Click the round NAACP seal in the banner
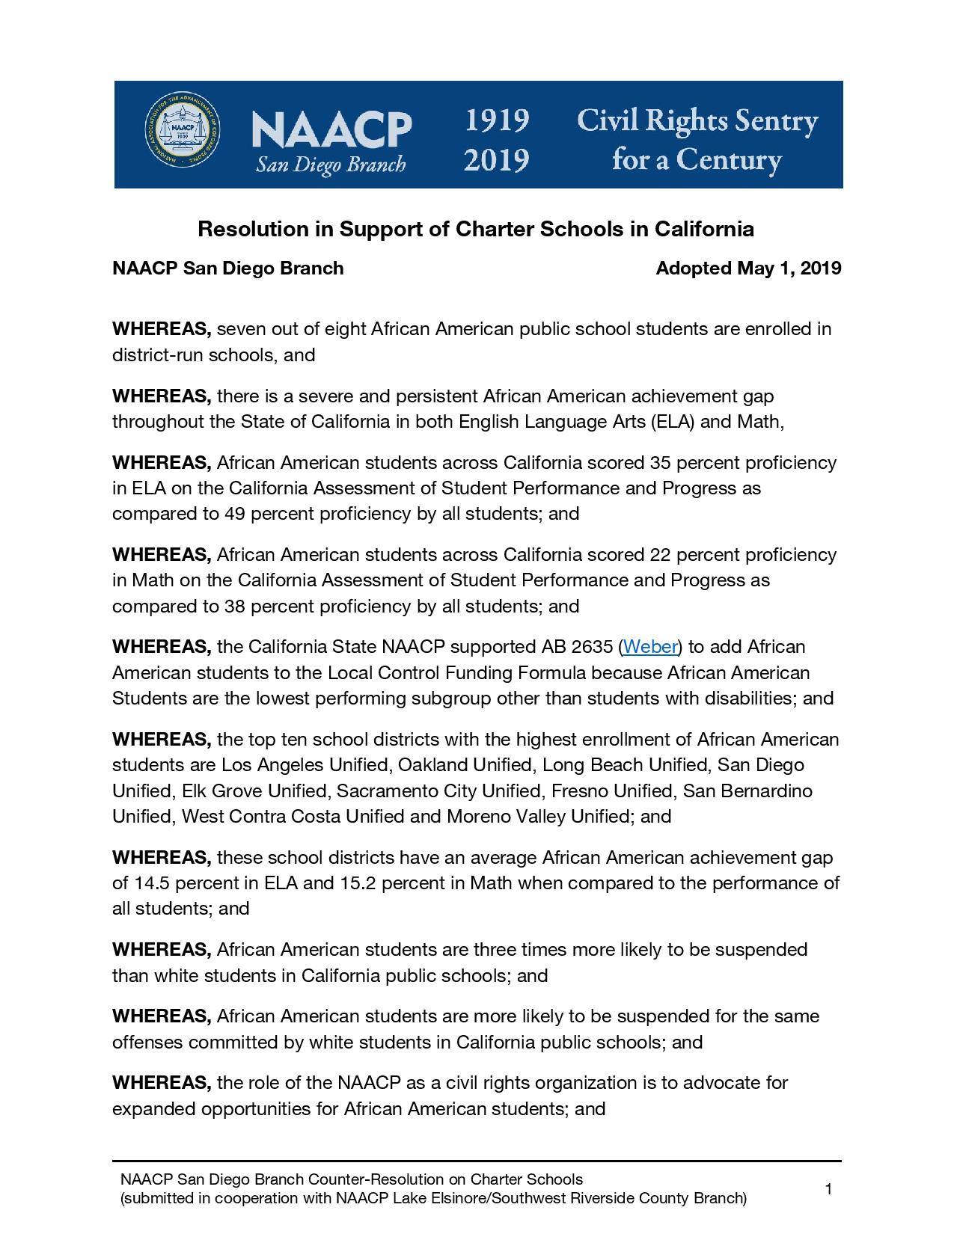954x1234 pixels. point(179,132)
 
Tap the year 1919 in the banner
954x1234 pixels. point(496,120)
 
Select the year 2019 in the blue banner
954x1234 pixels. point(496,159)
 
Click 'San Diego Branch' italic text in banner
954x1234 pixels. point(331,164)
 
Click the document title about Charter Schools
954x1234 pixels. point(476,229)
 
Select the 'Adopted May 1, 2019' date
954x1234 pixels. point(748,268)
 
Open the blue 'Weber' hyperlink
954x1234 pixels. point(649,646)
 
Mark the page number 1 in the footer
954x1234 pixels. point(828,1189)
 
